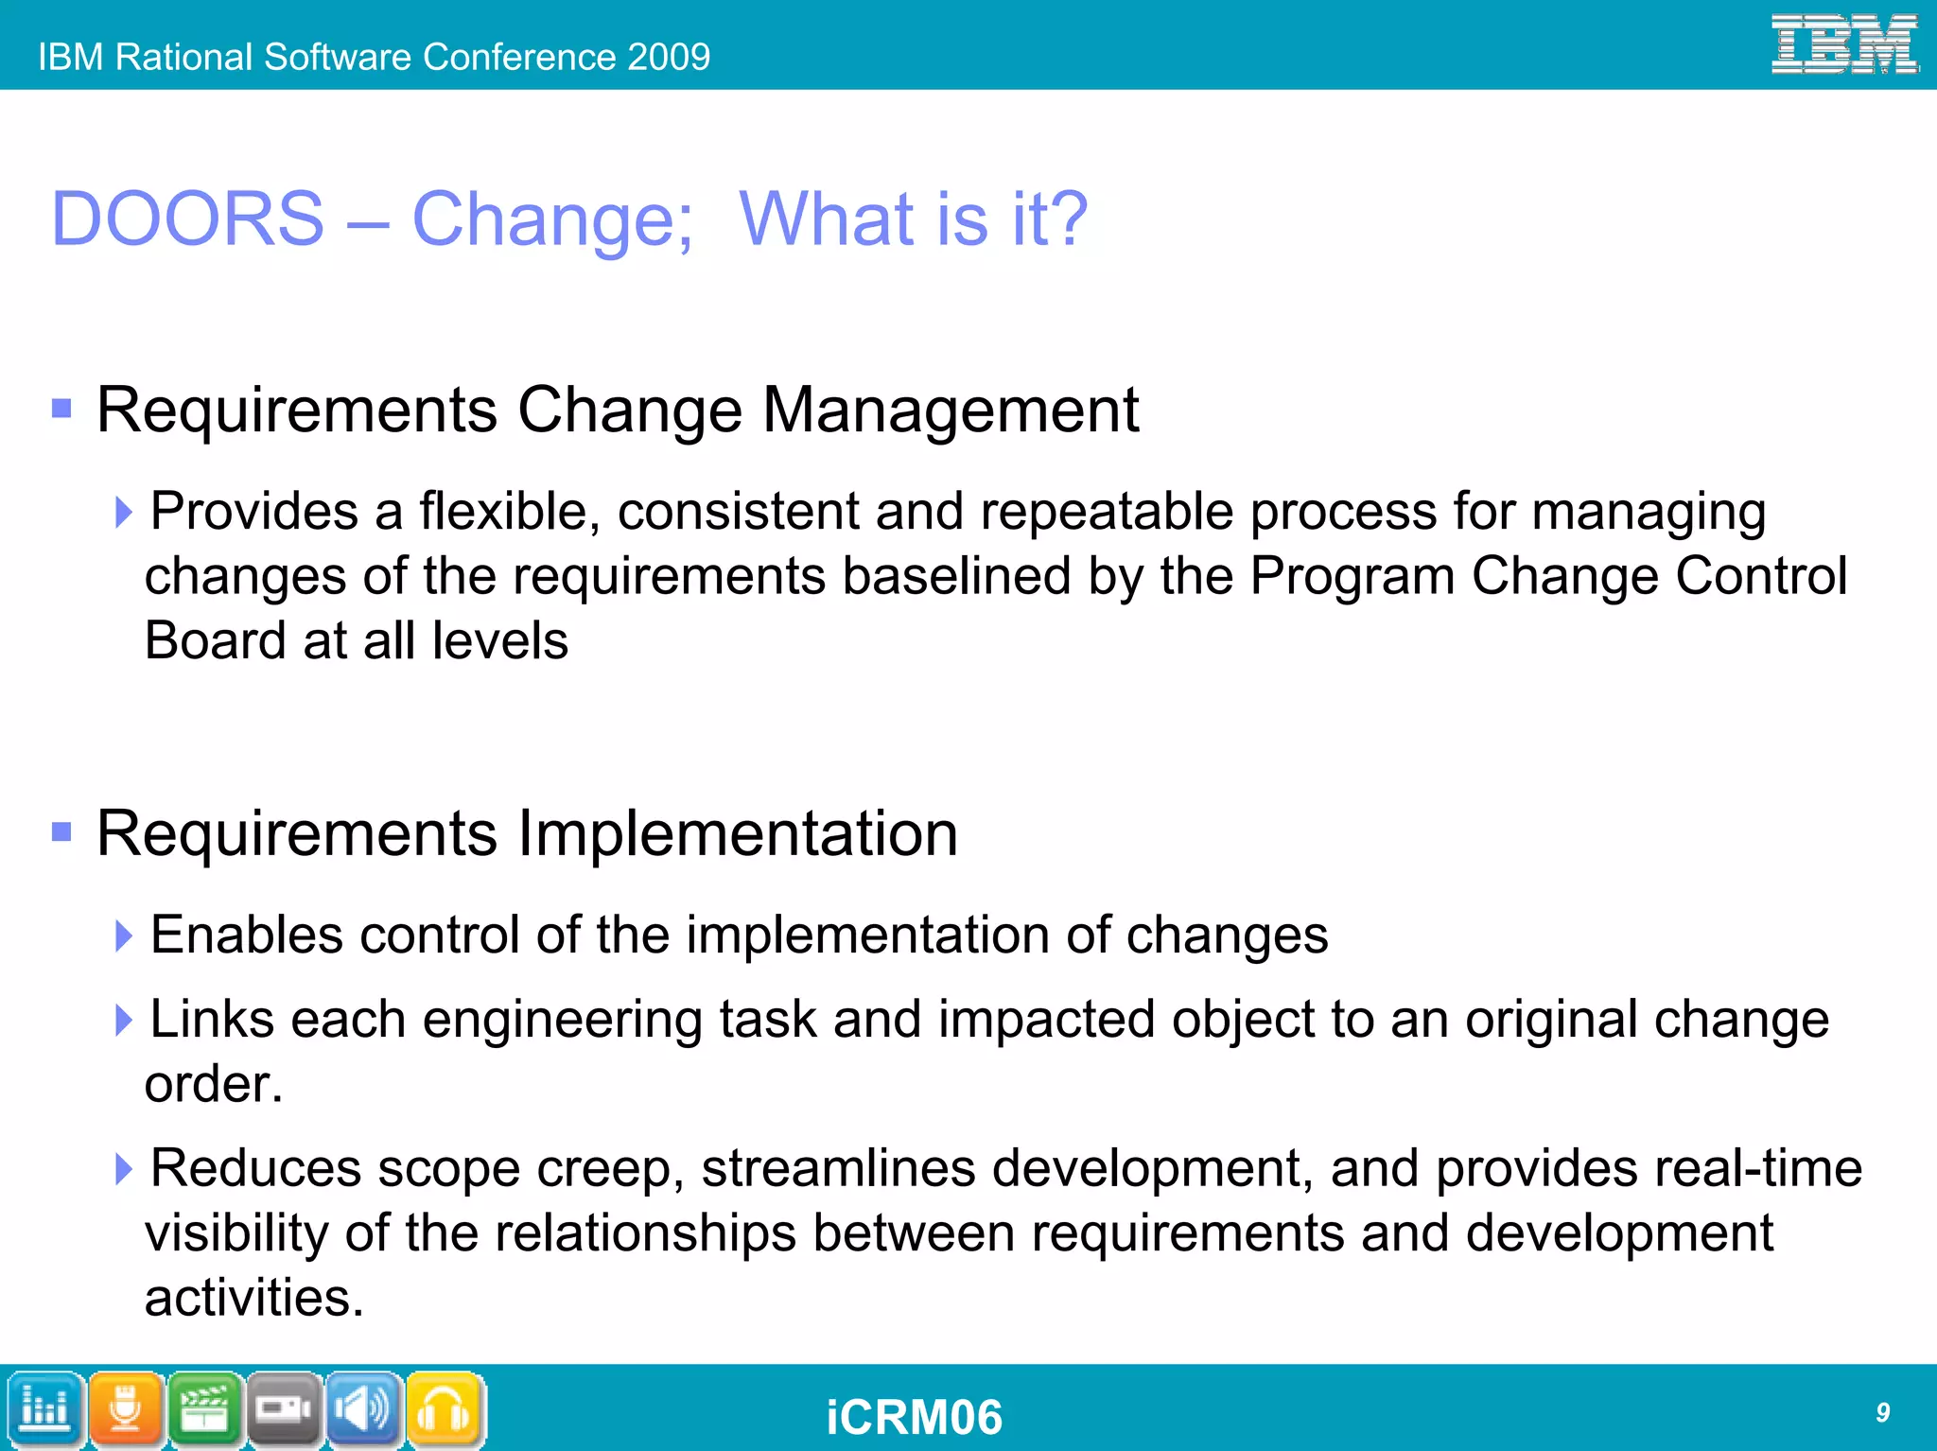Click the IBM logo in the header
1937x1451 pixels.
coord(1843,44)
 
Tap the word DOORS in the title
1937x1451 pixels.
coord(187,219)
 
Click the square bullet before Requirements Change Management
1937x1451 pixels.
coord(62,409)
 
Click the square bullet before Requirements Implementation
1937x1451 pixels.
coord(62,831)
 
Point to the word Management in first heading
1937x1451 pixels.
coord(951,411)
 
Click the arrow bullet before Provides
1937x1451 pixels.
coord(123,512)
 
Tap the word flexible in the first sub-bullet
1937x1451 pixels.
coord(509,512)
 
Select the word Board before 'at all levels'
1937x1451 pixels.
coord(215,640)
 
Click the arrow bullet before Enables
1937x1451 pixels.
coord(123,935)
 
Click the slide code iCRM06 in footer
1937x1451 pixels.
coord(914,1417)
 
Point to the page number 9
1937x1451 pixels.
coord(1882,1412)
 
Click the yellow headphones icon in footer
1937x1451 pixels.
coord(445,1410)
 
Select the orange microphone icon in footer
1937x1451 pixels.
coord(126,1410)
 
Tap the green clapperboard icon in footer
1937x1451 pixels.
coord(205,1410)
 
